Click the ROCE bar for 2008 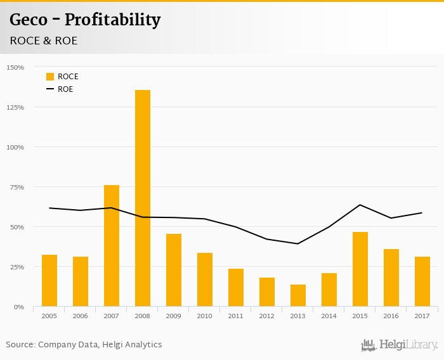(143, 198)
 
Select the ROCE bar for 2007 (112, 246)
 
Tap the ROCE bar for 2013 (298, 295)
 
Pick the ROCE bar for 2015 (360, 269)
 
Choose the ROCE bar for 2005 (49, 281)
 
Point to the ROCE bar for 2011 (236, 288)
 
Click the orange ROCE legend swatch (50, 77)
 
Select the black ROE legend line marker (50, 89)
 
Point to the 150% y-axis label (15, 67)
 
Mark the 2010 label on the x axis (205, 316)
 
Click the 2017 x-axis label (422, 316)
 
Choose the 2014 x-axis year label (329, 316)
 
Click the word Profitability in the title (112, 20)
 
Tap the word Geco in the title (29, 20)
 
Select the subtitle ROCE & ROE (43, 41)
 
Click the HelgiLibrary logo (400, 345)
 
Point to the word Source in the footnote (20, 345)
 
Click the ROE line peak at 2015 (360, 205)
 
